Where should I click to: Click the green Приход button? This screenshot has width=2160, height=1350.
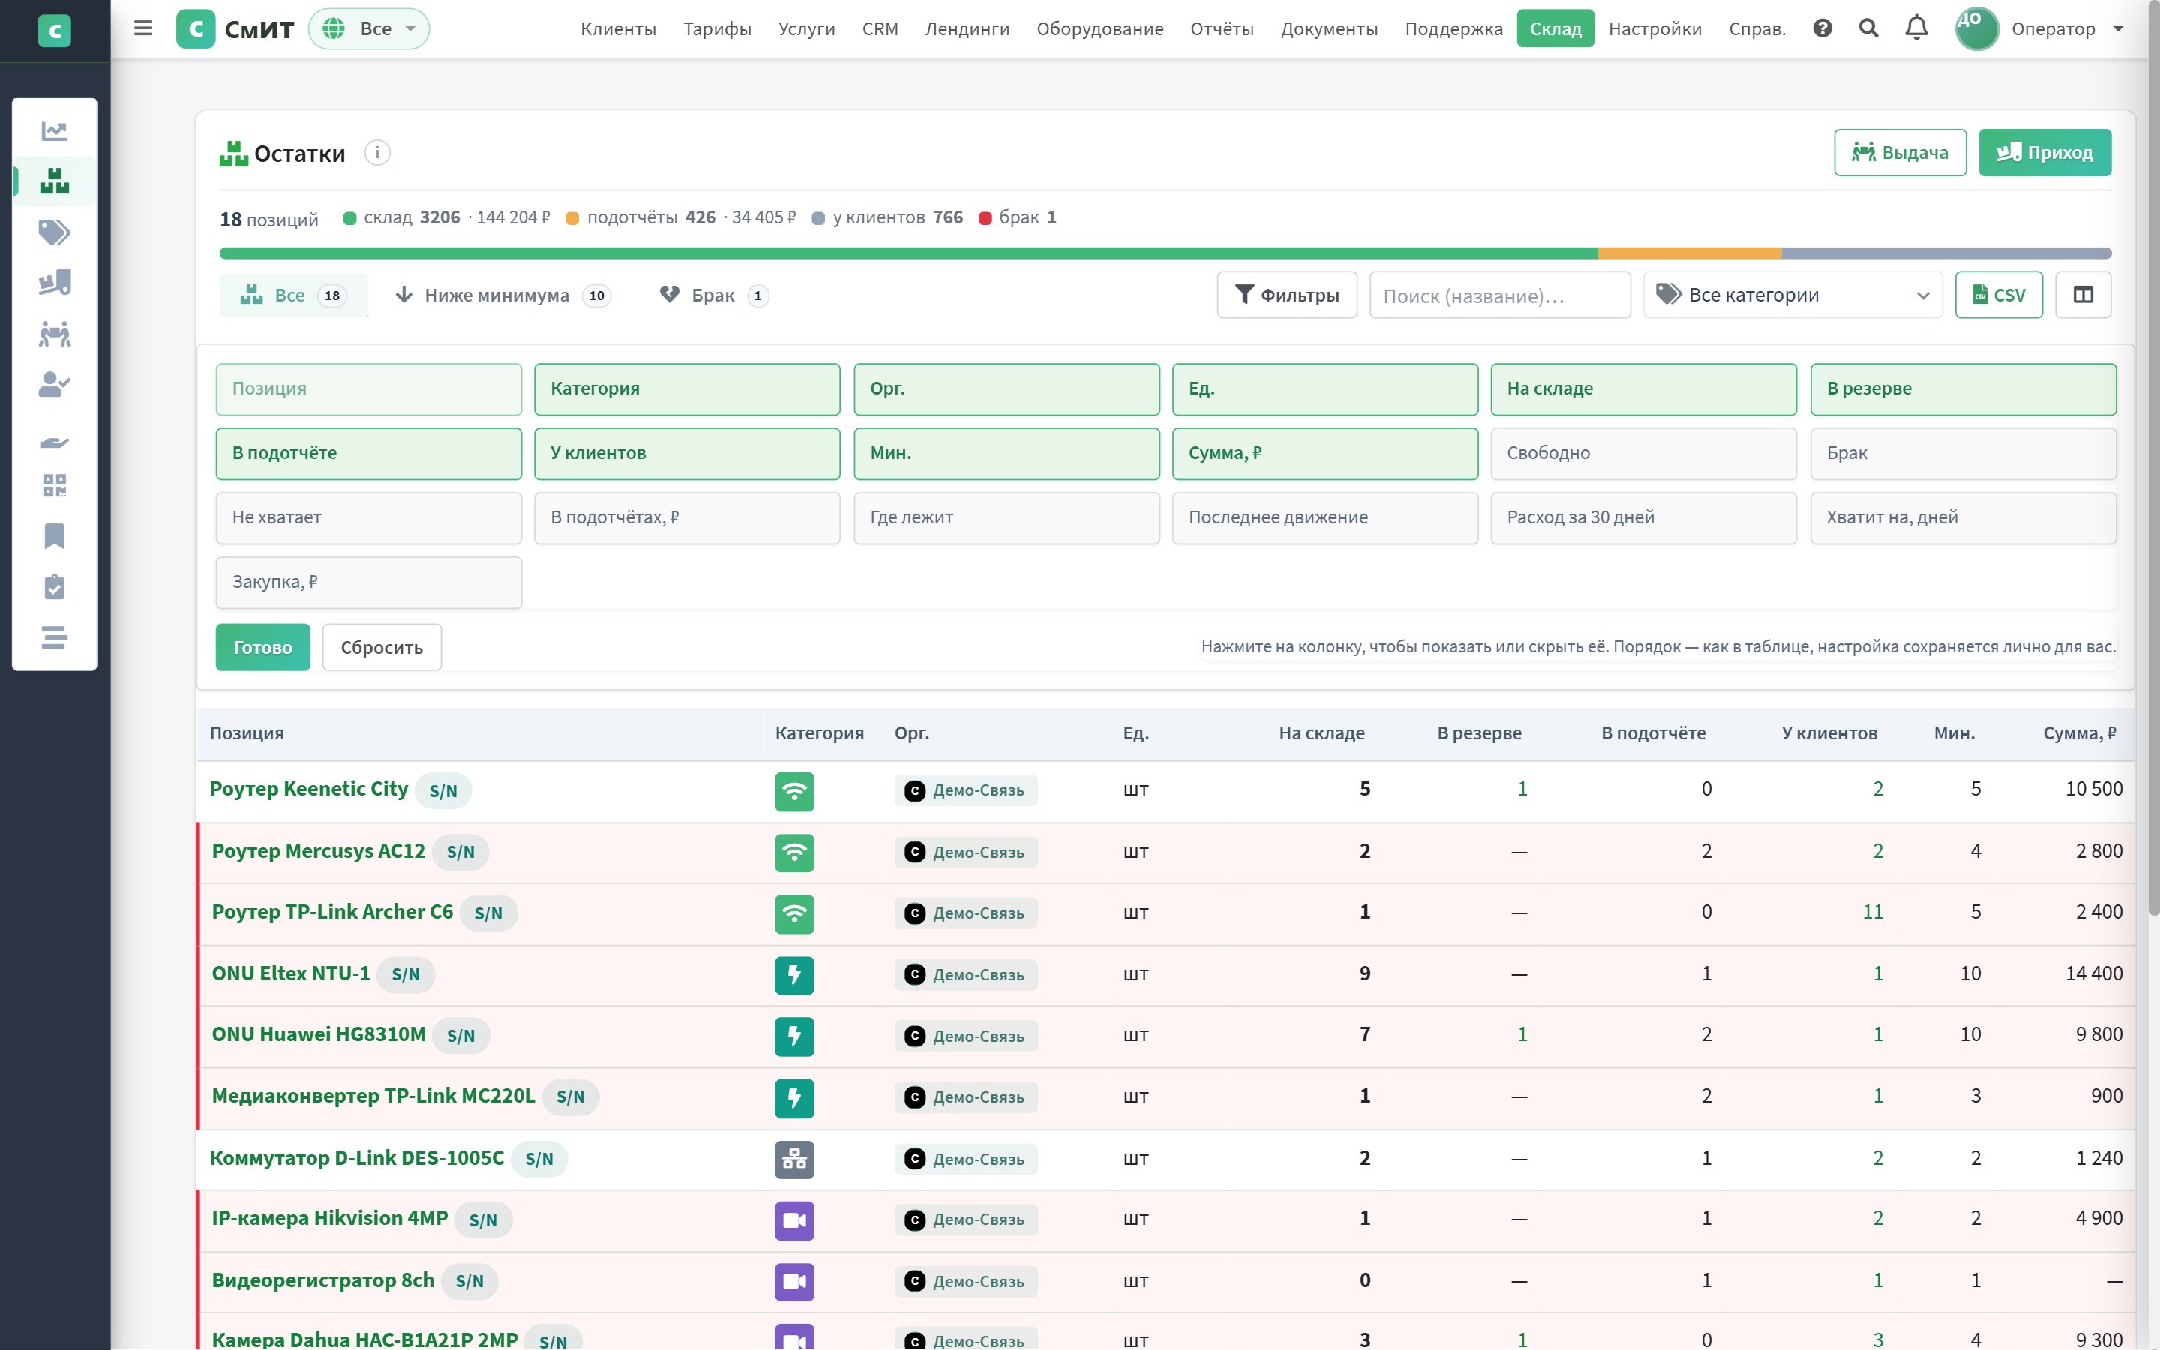click(x=2044, y=153)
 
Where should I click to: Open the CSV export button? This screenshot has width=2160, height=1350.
click(x=1999, y=295)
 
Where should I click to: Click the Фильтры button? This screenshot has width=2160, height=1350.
click(x=1287, y=295)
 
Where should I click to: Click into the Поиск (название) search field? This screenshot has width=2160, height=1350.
click(x=1499, y=295)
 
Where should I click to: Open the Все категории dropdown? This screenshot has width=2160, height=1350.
click(x=1792, y=295)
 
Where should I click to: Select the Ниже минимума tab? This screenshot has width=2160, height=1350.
click(x=502, y=295)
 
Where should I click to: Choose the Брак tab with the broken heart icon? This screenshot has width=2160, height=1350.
click(x=713, y=295)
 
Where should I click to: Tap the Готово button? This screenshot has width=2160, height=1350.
click(x=262, y=647)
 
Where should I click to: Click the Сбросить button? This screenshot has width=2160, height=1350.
click(x=382, y=647)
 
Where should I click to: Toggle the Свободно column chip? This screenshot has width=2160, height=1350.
click(x=1643, y=453)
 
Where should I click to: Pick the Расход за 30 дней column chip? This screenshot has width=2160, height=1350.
click(x=1643, y=517)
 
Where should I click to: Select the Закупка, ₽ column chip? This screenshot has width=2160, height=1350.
click(x=369, y=582)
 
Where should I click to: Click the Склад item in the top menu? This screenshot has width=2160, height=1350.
click(x=1555, y=28)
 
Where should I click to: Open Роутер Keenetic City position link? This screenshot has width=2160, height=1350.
click(x=309, y=789)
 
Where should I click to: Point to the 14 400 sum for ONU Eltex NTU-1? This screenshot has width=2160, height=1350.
click(x=2093, y=973)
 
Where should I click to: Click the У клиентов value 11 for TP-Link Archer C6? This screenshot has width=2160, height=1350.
click(x=1873, y=911)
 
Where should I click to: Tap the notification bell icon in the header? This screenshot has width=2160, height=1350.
click(x=1915, y=28)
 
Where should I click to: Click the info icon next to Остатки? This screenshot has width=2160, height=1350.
click(x=377, y=153)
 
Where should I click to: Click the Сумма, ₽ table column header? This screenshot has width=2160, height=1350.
click(x=2079, y=733)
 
